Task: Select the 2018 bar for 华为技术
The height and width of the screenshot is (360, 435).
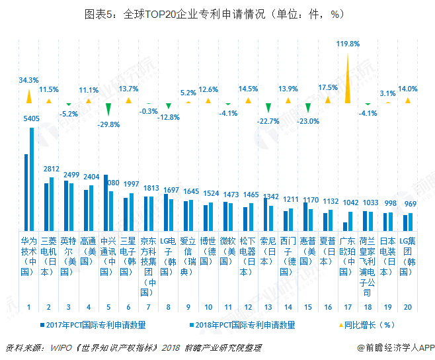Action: coord(31,179)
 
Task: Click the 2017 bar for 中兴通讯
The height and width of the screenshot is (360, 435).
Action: coord(105,202)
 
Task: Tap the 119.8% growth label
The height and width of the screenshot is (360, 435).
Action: coord(348,44)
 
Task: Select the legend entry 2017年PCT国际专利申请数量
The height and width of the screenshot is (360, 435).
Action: coord(93,325)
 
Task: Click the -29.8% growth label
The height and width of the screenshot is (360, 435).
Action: coord(108,124)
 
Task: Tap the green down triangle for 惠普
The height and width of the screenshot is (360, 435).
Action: coord(308,108)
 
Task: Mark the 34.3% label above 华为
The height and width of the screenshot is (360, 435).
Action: coord(28,80)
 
